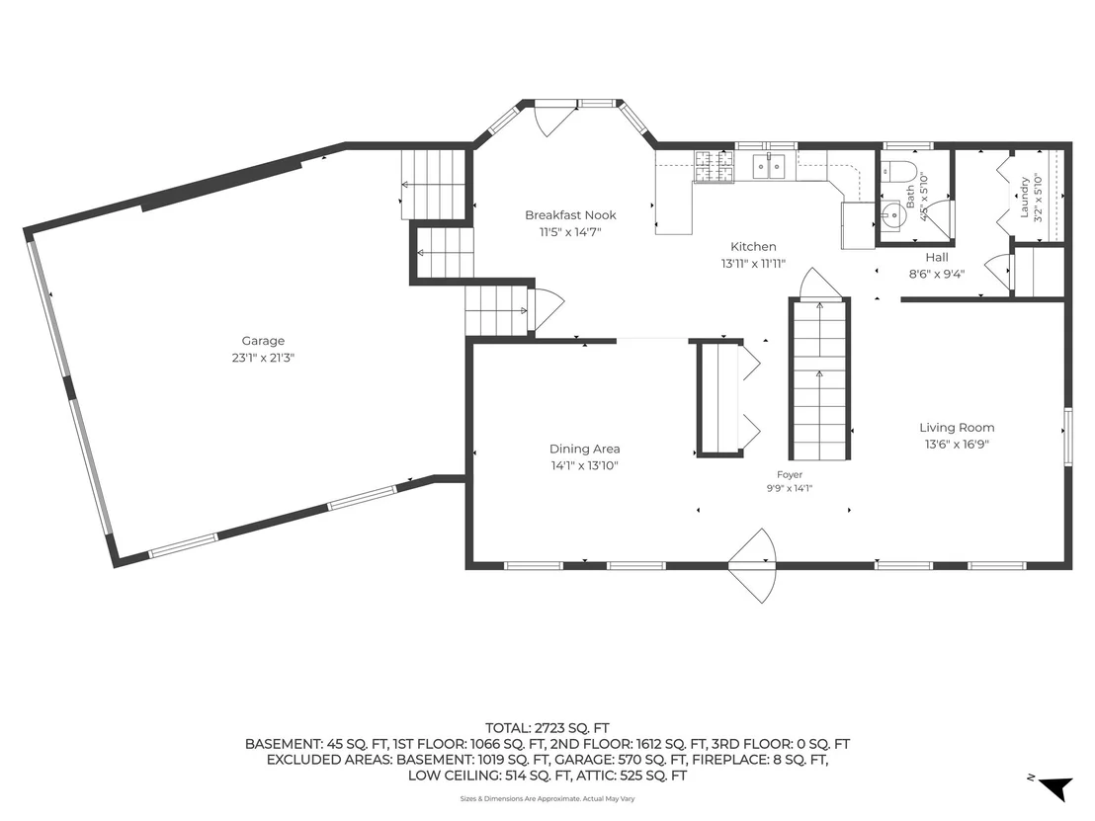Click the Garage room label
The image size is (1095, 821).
[x=263, y=341]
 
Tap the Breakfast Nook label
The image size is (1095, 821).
[x=570, y=215]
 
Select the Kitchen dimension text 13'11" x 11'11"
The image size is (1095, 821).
[x=753, y=263]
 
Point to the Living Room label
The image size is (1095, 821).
[x=957, y=427]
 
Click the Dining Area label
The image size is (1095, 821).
[x=584, y=449]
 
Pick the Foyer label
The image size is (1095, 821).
[x=790, y=475]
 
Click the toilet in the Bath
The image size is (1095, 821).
[x=897, y=171]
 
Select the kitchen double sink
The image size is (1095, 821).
[x=769, y=166]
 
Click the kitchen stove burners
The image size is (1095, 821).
[x=714, y=167]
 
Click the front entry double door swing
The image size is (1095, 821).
[x=753, y=565]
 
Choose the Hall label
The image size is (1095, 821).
[x=937, y=257]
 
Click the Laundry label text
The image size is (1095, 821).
[x=1025, y=198]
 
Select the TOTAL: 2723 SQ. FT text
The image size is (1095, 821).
[x=547, y=728]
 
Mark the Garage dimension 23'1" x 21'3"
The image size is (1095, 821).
[x=263, y=358]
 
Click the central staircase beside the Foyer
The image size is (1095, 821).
[x=820, y=379]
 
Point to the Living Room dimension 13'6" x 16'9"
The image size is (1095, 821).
[x=957, y=444]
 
